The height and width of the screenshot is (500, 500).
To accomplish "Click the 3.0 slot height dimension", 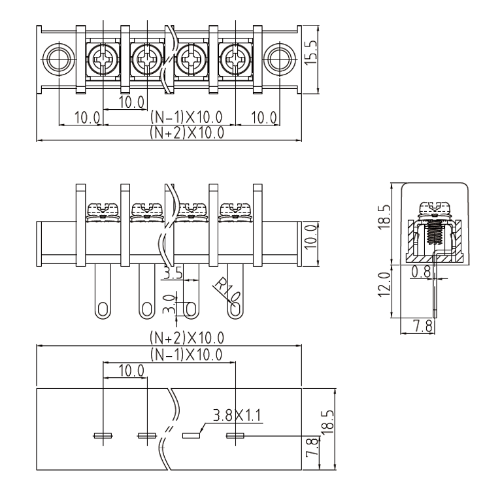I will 169,305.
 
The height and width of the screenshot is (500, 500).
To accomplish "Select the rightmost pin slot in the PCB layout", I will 235,435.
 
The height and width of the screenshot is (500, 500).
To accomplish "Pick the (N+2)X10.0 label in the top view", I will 186,133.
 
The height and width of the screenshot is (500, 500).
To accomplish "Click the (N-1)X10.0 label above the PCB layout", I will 186,354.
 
